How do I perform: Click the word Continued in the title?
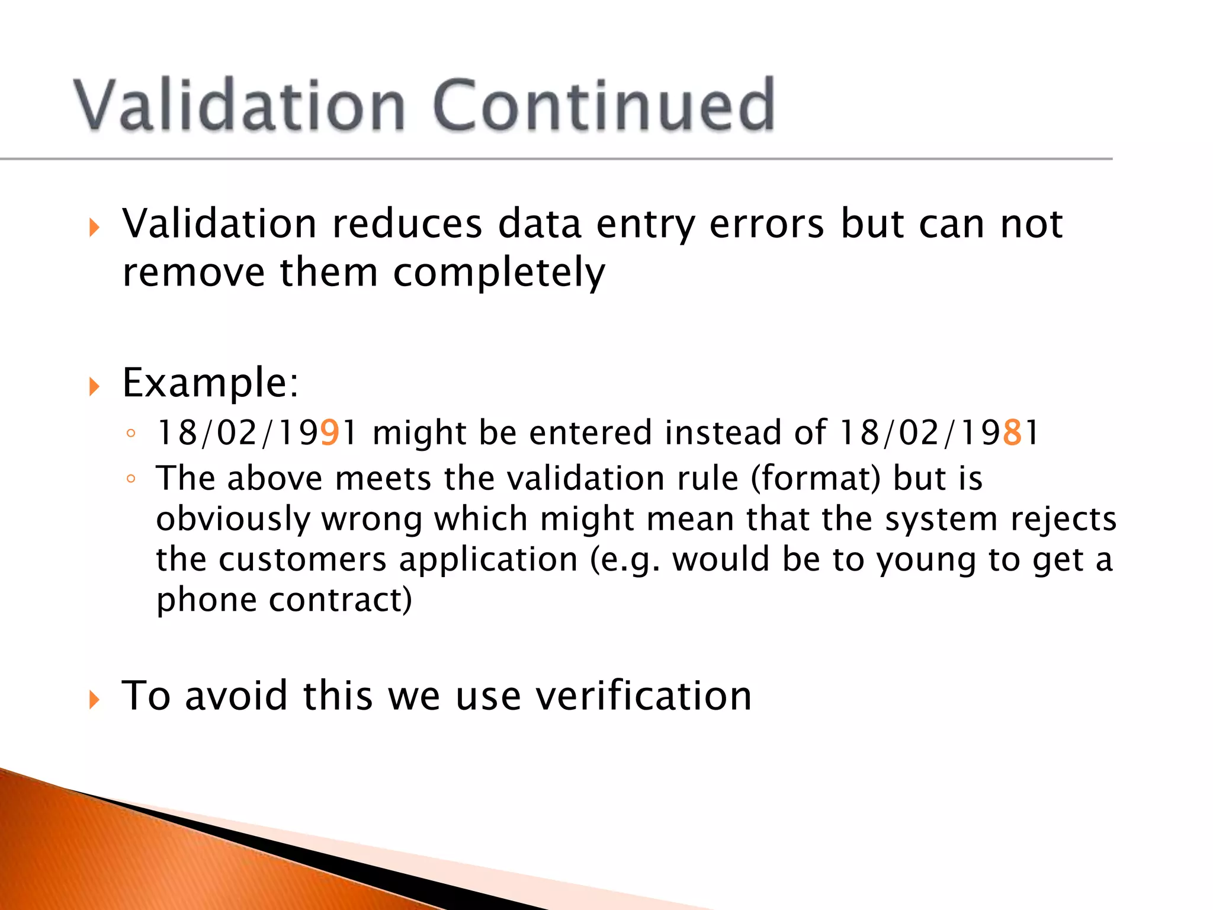tap(604, 105)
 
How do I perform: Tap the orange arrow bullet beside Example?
tap(94, 386)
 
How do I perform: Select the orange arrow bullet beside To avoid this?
tap(94, 699)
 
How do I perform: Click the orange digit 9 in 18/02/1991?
tap(330, 432)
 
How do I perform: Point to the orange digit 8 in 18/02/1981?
tap(1012, 432)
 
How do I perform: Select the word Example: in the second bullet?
tap(211, 383)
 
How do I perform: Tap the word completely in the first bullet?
tap(499, 273)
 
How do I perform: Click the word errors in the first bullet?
tap(766, 224)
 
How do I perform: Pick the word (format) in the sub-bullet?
tap(816, 479)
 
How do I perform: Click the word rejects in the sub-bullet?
tap(1063, 519)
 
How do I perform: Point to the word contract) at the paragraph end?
tap(341, 600)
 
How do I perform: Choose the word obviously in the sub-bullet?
tap(233, 519)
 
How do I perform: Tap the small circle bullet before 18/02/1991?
tap(131, 433)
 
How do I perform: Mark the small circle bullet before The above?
tap(131, 479)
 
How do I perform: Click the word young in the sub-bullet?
tap(926, 560)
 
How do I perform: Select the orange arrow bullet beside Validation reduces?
tap(94, 227)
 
